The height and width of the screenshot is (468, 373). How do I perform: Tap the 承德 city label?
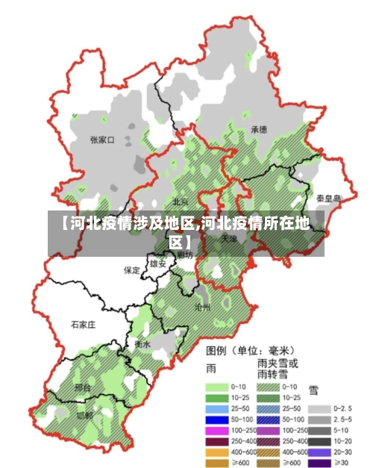[259, 129]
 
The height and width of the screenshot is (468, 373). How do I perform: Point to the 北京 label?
[181, 202]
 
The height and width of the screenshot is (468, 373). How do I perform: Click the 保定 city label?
[132, 270]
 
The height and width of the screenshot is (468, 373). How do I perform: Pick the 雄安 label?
[158, 263]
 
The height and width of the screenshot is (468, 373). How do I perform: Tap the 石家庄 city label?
[83, 325]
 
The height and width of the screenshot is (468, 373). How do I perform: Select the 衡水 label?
[142, 345]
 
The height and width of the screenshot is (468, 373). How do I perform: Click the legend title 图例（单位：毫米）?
[250, 350]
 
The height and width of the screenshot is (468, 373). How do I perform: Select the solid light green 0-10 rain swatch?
[216, 387]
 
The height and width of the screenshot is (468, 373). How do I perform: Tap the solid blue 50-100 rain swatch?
[216, 420]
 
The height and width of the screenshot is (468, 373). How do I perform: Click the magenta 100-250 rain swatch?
[216, 431]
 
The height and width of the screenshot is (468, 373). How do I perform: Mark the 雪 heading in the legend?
[314, 389]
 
